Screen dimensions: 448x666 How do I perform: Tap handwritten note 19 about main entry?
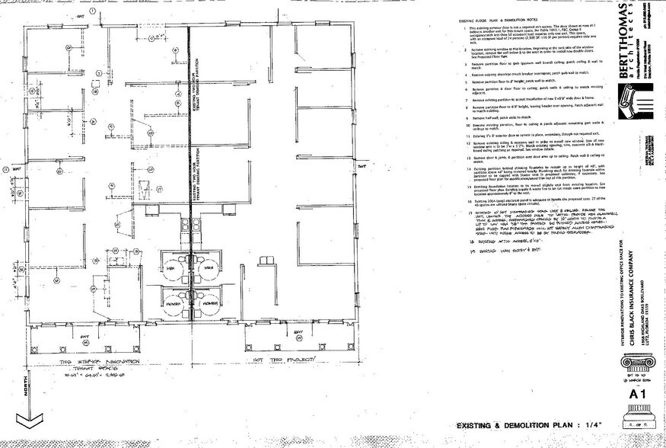tap(495, 248)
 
